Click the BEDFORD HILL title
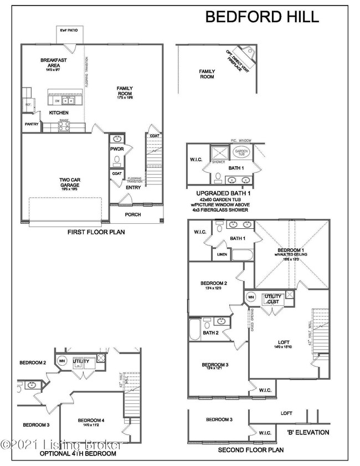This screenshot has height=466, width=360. (x=262, y=17)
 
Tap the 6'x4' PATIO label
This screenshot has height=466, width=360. (x=69, y=31)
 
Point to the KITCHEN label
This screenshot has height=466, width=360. (x=58, y=112)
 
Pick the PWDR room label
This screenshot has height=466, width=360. (x=117, y=148)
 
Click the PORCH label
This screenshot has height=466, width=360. (x=132, y=214)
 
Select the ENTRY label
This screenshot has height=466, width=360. (x=132, y=187)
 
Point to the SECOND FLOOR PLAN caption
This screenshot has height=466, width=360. (x=250, y=450)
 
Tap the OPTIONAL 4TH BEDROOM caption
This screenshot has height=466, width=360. (x=78, y=453)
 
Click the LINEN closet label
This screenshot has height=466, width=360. (x=222, y=254)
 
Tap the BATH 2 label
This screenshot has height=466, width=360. (x=210, y=333)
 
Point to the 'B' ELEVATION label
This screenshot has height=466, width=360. (x=308, y=432)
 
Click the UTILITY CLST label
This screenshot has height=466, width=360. (x=272, y=299)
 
